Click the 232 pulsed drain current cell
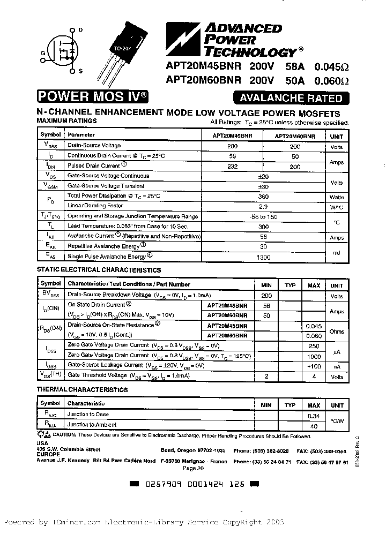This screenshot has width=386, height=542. [x=232, y=166]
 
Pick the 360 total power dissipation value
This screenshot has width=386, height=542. [x=263, y=197]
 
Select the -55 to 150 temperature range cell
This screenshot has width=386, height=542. [x=263, y=216]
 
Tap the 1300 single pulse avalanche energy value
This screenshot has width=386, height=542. [x=263, y=257]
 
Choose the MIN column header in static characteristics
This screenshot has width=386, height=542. [x=266, y=285]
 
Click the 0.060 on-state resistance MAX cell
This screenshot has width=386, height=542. [x=314, y=336]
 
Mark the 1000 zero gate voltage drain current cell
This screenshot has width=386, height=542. [x=314, y=356]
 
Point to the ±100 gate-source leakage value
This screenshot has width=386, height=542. [x=314, y=366]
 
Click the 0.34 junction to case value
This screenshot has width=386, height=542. [x=314, y=416]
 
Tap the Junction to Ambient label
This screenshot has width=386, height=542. [x=92, y=425]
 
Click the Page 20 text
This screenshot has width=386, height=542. [x=194, y=468]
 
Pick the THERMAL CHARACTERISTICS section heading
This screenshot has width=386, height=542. [x=82, y=390]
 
